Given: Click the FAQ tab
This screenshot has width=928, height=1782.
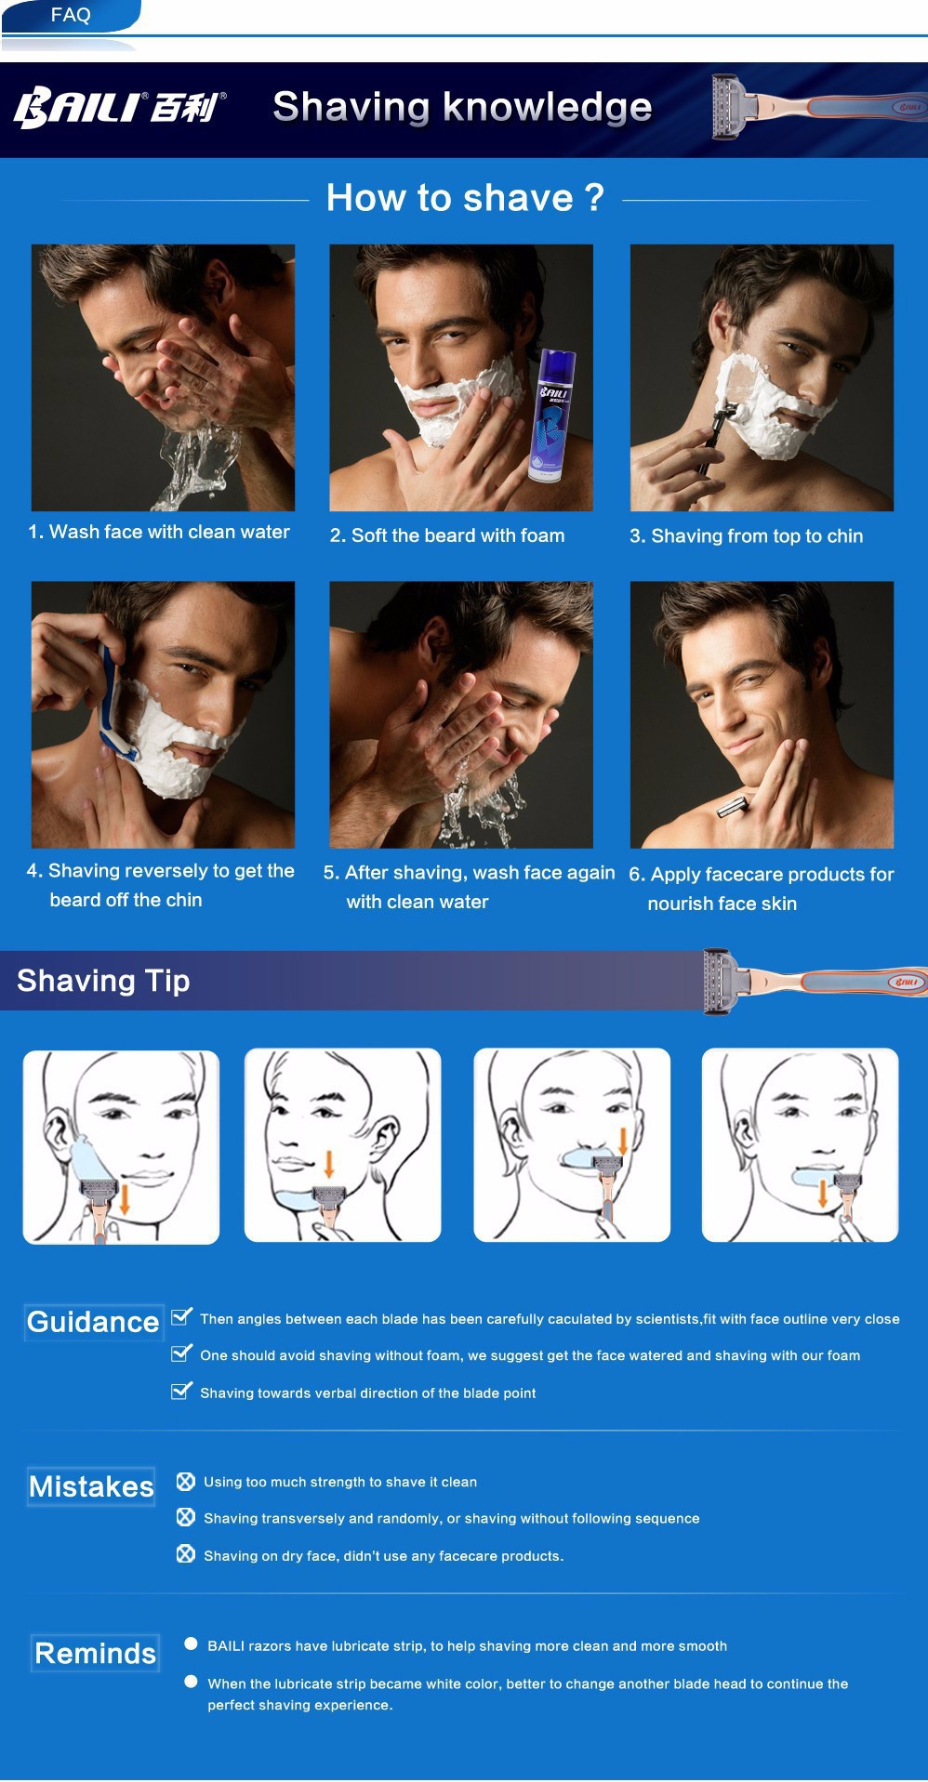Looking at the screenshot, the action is (71, 15).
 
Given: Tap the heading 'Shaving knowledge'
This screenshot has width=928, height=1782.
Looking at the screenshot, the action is (462, 107).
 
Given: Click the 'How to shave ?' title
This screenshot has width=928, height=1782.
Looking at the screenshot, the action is (465, 197).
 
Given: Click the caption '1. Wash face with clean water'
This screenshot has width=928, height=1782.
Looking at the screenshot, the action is (159, 532).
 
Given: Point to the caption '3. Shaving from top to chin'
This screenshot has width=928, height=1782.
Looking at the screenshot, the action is (746, 536).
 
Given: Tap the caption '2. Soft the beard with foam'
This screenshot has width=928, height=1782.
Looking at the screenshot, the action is (447, 535).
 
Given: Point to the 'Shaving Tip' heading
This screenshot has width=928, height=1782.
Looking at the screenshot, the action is (103, 981).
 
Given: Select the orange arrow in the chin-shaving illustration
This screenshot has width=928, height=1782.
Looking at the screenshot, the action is (329, 1163).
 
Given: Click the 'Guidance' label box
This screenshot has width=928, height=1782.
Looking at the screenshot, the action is (94, 1322).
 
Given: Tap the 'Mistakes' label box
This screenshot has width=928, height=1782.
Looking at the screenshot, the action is (91, 1486).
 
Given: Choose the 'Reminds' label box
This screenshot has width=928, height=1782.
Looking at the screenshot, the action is (95, 1653).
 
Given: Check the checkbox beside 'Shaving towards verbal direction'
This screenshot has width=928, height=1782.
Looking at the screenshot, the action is (182, 1391).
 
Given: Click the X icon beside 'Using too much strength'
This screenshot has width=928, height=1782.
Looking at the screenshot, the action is (186, 1481).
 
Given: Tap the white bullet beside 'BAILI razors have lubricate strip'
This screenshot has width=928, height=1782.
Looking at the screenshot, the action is (191, 1643).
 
